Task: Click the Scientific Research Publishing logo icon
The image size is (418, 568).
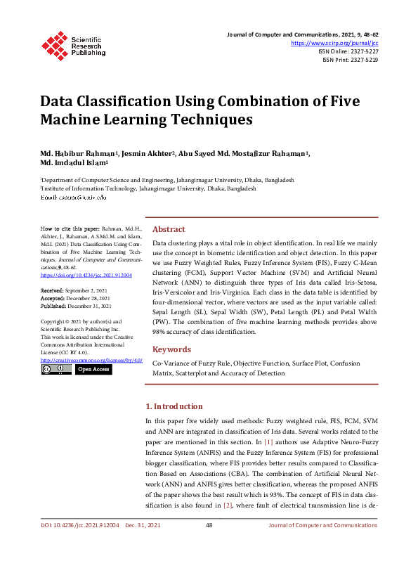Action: (53, 44)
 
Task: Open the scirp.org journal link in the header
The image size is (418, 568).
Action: (339, 43)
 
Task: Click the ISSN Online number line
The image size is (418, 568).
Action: (348, 51)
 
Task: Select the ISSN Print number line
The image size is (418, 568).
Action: (350, 60)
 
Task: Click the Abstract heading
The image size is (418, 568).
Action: (169, 229)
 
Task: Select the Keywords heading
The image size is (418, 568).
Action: (171, 349)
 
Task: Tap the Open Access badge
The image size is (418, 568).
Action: (93, 369)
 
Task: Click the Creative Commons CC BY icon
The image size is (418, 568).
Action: (55, 369)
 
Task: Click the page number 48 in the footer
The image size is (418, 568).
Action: (209, 545)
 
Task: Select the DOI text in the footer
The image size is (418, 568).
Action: (79, 545)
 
